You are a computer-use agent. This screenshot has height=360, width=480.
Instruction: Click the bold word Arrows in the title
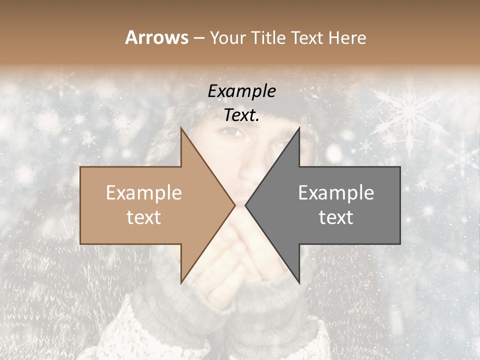(x=156, y=37)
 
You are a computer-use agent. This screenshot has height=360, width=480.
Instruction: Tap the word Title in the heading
(x=269, y=37)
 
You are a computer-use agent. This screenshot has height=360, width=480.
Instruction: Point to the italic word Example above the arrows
(x=241, y=91)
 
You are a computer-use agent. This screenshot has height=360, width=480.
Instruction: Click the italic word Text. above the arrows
(x=241, y=115)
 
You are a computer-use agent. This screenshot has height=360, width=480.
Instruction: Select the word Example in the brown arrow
(x=144, y=193)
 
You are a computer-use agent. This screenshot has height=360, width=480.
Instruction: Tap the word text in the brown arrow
(x=144, y=217)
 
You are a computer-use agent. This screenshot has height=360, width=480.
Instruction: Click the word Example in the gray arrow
(x=336, y=193)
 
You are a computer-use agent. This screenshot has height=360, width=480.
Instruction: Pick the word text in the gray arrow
(x=336, y=217)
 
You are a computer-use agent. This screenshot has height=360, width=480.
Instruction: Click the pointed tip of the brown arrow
(x=234, y=205)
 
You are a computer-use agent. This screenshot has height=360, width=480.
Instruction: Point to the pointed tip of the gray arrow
(x=245, y=205)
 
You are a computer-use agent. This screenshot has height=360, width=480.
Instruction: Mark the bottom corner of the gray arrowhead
(x=299, y=282)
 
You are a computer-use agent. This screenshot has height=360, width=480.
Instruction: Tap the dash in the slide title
(x=198, y=38)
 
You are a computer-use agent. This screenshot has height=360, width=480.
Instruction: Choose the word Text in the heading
(x=308, y=37)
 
